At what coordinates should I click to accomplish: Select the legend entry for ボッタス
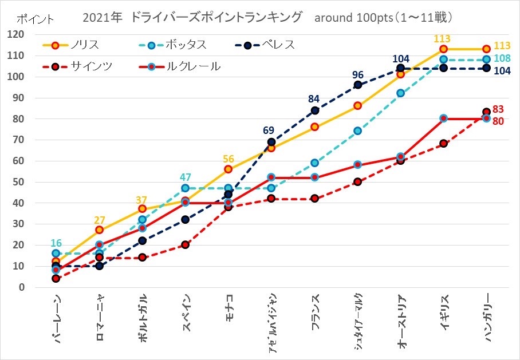(184, 45)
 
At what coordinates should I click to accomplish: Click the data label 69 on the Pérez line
(269, 130)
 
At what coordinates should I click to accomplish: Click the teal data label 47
(185, 176)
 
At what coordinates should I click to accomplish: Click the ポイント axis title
(36, 19)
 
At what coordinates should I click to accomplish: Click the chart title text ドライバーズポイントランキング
(216, 18)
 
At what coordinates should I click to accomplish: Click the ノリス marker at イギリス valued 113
(443, 49)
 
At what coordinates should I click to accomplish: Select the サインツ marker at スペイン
(185, 245)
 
